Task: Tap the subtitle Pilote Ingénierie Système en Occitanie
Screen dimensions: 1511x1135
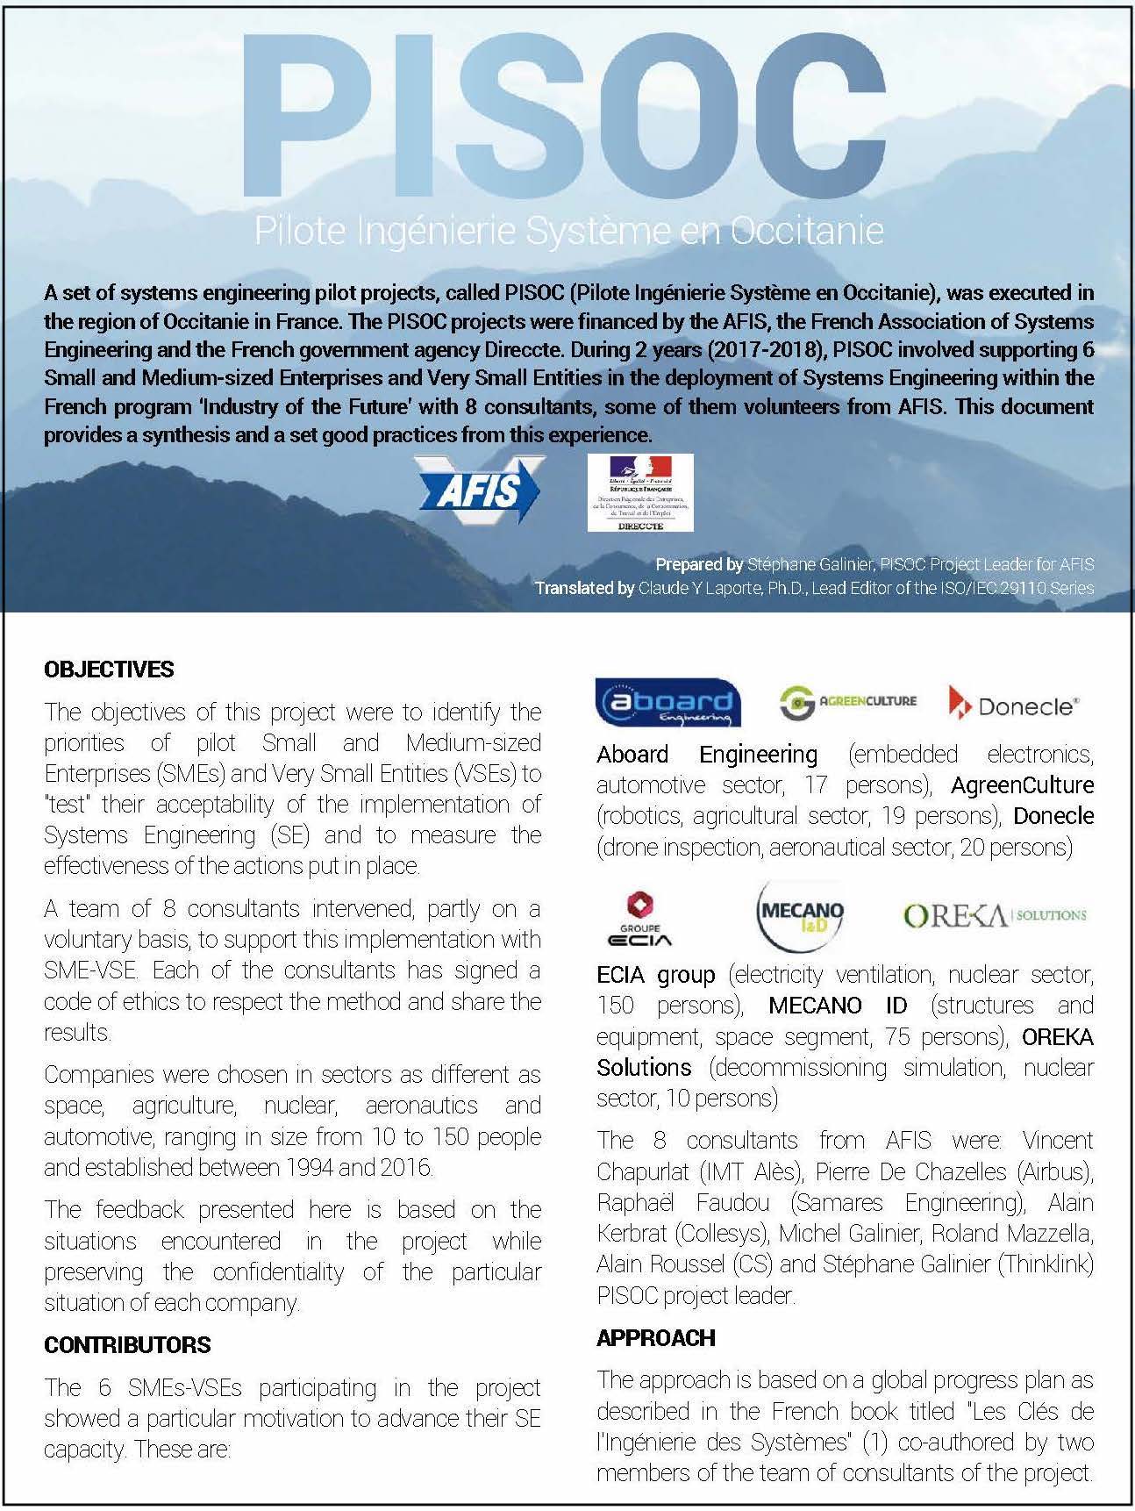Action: [x=568, y=231]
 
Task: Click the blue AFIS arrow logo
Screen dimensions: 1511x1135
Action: [x=480, y=490]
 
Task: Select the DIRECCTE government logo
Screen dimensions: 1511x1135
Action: [x=640, y=492]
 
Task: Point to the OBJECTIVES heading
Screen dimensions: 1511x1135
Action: [x=109, y=670]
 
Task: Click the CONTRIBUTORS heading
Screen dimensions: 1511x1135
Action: [x=127, y=1345]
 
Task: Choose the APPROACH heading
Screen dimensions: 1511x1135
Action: [x=655, y=1337]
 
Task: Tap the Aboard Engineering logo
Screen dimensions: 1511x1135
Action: [x=667, y=703]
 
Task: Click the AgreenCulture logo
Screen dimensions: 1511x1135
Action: [x=847, y=701]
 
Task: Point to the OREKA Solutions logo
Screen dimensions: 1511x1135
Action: [x=994, y=915]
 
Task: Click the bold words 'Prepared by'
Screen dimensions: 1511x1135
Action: [x=699, y=564]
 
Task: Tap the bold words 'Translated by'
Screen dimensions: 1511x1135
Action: [x=584, y=588]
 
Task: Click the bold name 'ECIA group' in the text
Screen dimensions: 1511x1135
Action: [x=655, y=974]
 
